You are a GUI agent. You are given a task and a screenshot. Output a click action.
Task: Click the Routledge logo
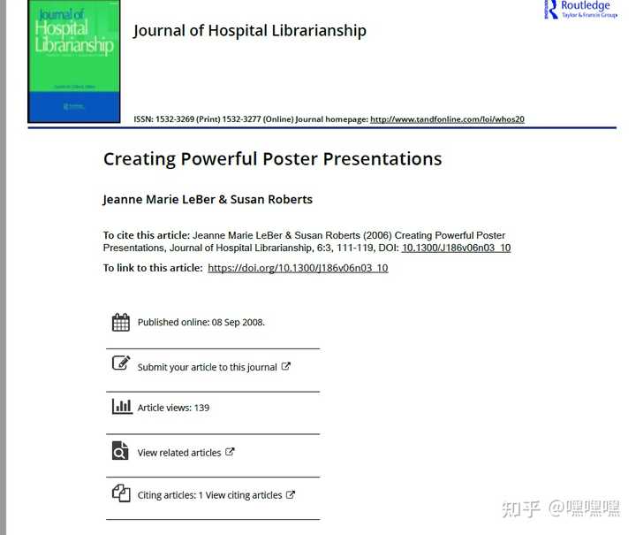click(x=581, y=9)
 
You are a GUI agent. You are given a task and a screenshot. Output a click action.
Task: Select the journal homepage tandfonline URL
click(x=447, y=118)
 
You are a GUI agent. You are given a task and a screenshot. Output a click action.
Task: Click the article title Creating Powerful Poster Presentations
click(x=272, y=159)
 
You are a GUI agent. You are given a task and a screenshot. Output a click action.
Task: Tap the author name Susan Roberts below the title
click(x=271, y=200)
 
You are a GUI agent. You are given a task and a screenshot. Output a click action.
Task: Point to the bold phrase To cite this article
click(x=146, y=235)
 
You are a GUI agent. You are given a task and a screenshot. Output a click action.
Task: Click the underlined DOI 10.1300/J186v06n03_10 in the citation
click(x=456, y=248)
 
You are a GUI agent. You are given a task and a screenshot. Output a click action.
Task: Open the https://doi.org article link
click(x=298, y=268)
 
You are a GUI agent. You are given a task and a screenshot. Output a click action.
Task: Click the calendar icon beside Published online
click(x=121, y=322)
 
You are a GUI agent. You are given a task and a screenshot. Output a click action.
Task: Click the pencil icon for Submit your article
click(x=121, y=363)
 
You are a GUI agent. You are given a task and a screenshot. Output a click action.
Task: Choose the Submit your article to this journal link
click(x=208, y=367)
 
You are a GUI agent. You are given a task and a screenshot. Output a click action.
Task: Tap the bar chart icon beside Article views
click(x=121, y=407)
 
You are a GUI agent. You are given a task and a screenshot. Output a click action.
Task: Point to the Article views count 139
click(x=201, y=408)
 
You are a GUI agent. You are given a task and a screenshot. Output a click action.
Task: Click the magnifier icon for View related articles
click(x=121, y=451)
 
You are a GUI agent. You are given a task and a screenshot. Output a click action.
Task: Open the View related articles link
click(x=179, y=453)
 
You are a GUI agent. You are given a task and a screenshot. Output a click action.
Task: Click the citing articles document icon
click(x=121, y=493)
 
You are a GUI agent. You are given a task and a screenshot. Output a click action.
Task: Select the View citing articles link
click(x=244, y=495)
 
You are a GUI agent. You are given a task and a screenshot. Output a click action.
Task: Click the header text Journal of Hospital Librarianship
click(x=249, y=31)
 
